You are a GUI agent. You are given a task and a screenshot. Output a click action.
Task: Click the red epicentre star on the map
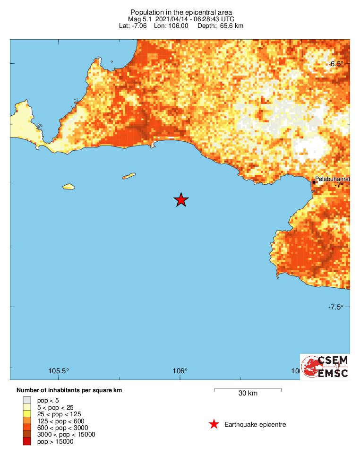[181, 200]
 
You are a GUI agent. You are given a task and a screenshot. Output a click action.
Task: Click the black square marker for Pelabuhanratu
[314, 182]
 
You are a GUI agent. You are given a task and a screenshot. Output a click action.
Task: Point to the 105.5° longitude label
[59, 371]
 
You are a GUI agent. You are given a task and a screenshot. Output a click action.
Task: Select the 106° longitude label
[180, 371]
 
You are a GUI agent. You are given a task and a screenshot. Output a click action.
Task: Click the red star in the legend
[214, 424]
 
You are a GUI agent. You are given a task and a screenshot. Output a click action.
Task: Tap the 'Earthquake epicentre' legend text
[255, 424]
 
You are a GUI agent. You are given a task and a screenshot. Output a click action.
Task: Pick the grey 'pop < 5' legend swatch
[26, 400]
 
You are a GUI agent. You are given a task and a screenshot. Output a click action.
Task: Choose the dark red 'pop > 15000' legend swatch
[26, 441]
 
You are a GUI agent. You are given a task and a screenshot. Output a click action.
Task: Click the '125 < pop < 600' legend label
[59, 421]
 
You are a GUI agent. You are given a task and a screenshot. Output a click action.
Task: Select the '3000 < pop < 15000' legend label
[63, 435]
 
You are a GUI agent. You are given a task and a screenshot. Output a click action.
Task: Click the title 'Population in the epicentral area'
[181, 12]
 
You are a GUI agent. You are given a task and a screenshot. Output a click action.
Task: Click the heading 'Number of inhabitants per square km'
[72, 390]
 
